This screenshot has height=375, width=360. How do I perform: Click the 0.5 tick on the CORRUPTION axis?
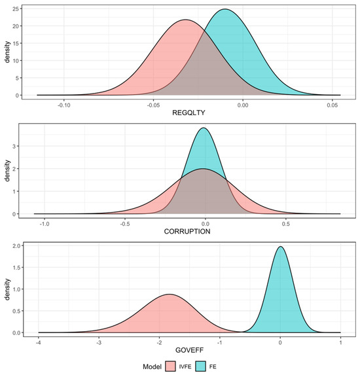pyautogui.click(x=285, y=223)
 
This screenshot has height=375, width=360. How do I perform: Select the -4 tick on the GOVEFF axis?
pyautogui.click(x=39, y=342)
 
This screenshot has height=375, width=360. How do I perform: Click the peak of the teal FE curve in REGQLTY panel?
pyautogui.click(x=225, y=9)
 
